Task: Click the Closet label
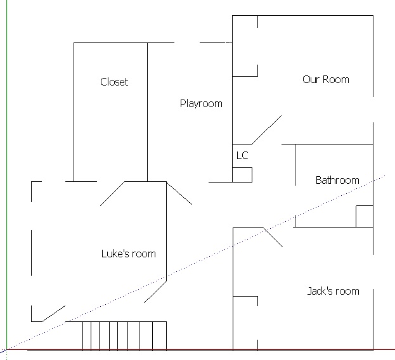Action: (x=114, y=82)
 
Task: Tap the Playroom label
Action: (x=201, y=104)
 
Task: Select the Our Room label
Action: (x=326, y=80)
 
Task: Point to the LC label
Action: (x=242, y=155)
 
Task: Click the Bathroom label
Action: (x=337, y=180)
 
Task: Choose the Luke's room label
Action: (x=129, y=254)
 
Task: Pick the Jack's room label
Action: (x=333, y=292)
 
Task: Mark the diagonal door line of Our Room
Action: (x=267, y=130)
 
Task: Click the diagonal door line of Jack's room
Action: (x=273, y=237)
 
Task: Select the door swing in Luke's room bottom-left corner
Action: (x=54, y=314)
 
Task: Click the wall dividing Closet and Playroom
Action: (x=147, y=112)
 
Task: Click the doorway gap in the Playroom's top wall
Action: (x=187, y=43)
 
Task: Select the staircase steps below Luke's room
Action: (x=124, y=336)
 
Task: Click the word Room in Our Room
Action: (x=336, y=80)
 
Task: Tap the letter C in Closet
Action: (x=103, y=82)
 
